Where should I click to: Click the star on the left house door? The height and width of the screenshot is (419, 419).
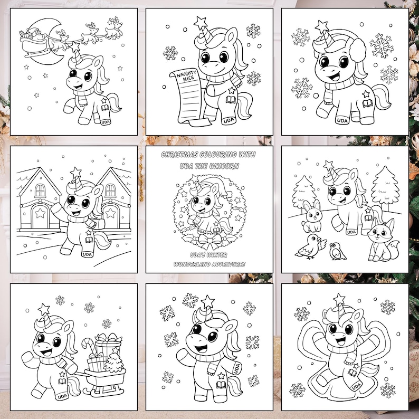(x=40, y=213)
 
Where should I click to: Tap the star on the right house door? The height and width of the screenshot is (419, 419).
(x=110, y=213)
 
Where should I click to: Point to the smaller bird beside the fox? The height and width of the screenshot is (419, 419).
(x=338, y=251)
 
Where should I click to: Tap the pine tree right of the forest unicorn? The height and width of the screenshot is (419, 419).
(x=385, y=188)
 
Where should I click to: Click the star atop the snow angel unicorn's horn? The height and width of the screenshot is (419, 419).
(x=339, y=299)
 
